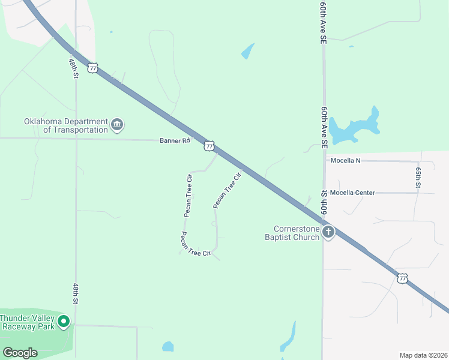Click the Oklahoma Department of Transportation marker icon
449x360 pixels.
117,125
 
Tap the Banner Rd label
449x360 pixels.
175,140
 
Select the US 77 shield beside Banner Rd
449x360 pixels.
208,145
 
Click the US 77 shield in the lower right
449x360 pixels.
402,278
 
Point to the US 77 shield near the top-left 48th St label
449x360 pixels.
92,68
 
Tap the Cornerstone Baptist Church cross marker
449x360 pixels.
328,232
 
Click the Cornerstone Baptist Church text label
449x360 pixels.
294,233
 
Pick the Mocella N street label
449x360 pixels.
345,161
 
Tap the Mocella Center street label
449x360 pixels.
352,193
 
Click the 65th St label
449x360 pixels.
418,176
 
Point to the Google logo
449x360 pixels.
20,353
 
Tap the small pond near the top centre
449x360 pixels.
247,52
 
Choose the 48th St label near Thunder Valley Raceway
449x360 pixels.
76,293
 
